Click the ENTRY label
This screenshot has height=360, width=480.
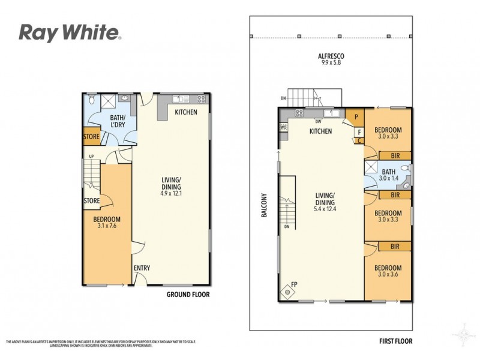pos(142,268)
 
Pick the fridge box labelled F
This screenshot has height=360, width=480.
pos(359,131)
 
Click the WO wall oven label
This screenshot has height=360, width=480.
pos(283,127)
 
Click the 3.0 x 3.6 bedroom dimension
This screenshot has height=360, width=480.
pos(388,275)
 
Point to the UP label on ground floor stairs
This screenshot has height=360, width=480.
pos(91,157)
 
